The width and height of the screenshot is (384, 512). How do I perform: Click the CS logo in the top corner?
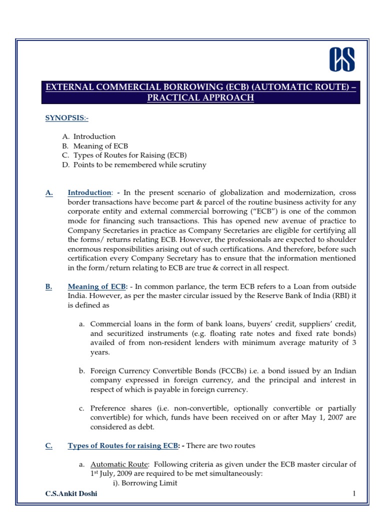[x=341, y=59]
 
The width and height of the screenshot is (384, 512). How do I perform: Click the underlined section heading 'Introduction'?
[x=89, y=192]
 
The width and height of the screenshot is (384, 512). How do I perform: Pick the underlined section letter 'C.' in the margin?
[x=48, y=445]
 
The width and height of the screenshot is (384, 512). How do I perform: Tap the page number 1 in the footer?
[x=353, y=494]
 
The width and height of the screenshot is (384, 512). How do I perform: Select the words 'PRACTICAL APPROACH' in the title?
[x=200, y=98]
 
